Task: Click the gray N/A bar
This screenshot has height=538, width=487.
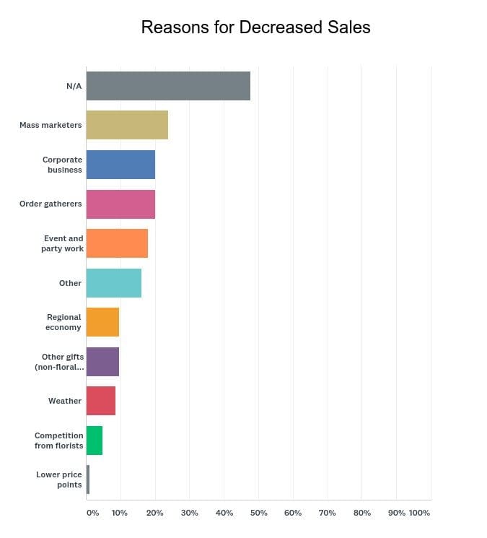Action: pyautogui.click(x=168, y=86)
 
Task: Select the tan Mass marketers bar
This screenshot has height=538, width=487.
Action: pyautogui.click(x=127, y=125)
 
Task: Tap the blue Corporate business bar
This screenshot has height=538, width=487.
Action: pyautogui.click(x=120, y=165)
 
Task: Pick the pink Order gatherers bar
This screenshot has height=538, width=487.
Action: pyautogui.click(x=120, y=204)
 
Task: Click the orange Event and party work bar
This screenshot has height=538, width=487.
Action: pyautogui.click(x=117, y=243)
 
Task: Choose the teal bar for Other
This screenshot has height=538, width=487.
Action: pyautogui.click(x=113, y=283)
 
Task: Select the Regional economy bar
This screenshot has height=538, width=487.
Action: pyautogui.click(x=102, y=322)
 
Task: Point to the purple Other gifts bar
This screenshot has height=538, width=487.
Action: pyautogui.click(x=102, y=361)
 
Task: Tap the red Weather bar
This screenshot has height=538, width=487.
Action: pyautogui.click(x=100, y=401)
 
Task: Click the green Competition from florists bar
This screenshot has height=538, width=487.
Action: pyautogui.click(x=94, y=441)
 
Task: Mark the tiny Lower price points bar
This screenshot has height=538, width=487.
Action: pyautogui.click(x=88, y=480)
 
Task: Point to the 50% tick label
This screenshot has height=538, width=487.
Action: pyautogui.click(x=258, y=513)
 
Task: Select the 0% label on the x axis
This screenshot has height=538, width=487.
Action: pyautogui.click(x=92, y=513)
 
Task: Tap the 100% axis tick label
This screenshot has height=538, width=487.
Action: pyautogui.click(x=419, y=513)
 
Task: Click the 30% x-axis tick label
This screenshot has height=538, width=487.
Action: pyautogui.click(x=189, y=513)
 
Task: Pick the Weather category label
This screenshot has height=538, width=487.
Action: pyautogui.click(x=65, y=401)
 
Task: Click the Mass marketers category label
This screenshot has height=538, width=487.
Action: pyautogui.click(x=51, y=125)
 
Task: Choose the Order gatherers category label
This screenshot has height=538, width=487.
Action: pyautogui.click(x=51, y=204)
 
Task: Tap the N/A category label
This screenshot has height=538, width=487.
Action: pyautogui.click(x=74, y=86)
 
